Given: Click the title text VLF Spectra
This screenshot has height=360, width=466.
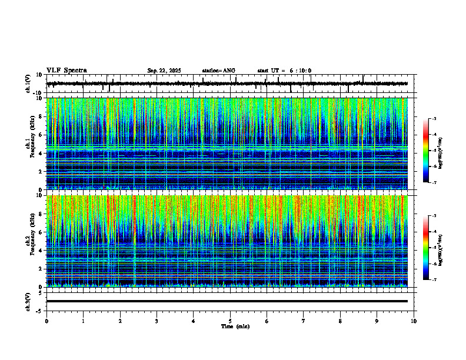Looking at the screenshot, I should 66,71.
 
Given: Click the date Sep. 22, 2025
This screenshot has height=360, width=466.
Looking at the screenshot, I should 164,71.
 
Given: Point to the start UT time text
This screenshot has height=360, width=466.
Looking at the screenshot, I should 284,71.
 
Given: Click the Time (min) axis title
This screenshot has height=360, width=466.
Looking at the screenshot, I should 235,326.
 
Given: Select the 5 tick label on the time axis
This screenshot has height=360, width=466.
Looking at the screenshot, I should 230,321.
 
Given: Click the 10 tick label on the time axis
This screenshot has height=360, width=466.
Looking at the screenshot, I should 414,321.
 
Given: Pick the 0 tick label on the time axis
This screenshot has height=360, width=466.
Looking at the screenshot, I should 46,321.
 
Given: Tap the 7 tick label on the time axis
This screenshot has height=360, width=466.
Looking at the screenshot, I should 304,321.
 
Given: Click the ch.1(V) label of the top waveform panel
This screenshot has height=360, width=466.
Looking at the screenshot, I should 28,84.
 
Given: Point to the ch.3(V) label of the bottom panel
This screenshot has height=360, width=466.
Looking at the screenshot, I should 28,301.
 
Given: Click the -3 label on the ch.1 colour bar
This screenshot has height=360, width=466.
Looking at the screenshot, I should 434,119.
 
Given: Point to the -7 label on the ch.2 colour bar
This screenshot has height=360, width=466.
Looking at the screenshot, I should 434,280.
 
